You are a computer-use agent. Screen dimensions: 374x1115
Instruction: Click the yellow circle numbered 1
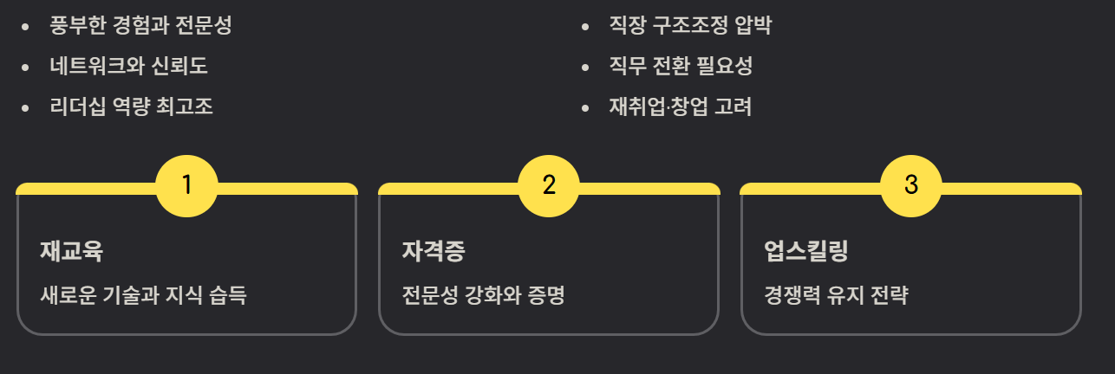(x=186, y=184)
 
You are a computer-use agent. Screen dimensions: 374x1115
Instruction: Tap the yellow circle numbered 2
(x=548, y=184)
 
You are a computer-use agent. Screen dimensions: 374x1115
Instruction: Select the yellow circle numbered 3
(x=910, y=184)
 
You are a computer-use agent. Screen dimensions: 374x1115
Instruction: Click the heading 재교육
(x=72, y=252)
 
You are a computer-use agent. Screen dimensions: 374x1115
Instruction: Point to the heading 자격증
(x=434, y=252)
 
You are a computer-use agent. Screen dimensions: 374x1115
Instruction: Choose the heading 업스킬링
(x=805, y=252)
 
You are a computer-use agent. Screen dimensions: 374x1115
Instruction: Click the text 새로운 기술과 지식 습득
(x=144, y=295)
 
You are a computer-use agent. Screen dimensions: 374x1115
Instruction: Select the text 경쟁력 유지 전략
(x=836, y=295)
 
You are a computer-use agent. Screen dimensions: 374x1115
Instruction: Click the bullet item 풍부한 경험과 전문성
(x=140, y=25)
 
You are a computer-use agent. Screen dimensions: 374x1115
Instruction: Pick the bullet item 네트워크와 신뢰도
(x=128, y=66)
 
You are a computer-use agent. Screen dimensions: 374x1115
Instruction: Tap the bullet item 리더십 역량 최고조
(x=132, y=106)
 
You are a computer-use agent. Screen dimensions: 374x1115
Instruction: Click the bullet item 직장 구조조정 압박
(x=689, y=25)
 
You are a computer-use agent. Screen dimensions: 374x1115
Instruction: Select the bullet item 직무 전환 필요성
(x=681, y=66)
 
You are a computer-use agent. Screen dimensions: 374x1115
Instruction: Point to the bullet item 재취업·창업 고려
(x=680, y=106)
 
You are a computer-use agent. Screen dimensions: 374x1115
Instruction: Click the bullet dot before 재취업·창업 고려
(x=585, y=107)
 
